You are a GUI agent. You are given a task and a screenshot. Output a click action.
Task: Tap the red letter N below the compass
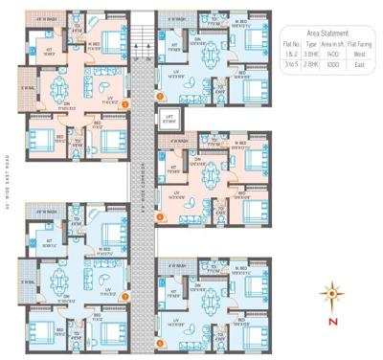click(x=332, y=321)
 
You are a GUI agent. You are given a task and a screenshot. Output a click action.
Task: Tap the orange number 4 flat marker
click(x=161, y=218)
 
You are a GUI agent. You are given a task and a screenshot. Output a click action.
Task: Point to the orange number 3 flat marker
click(x=161, y=96)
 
